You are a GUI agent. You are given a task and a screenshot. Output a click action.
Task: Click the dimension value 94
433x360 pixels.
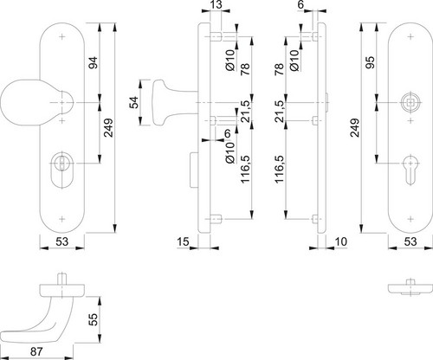[x=93, y=62]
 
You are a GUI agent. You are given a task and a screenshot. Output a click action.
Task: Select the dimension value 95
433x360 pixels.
[x=370, y=62]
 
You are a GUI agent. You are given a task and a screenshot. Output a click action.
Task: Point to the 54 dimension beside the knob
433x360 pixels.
[x=133, y=102]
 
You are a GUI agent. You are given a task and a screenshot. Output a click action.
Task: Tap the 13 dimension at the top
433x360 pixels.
[x=216, y=5]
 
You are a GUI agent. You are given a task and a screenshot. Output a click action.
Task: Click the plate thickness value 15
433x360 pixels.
[x=183, y=241]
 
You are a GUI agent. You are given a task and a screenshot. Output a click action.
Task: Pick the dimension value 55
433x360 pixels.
[x=93, y=319]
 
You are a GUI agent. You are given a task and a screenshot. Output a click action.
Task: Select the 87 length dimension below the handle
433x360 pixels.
[x=36, y=352]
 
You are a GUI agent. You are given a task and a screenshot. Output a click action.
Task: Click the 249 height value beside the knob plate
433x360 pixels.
[x=108, y=127]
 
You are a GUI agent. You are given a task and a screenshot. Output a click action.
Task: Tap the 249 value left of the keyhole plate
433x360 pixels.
[x=354, y=127]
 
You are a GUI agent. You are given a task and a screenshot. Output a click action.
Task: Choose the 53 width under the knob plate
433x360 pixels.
[x=61, y=241]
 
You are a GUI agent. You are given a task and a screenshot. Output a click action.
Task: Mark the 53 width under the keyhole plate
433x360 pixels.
[x=410, y=241]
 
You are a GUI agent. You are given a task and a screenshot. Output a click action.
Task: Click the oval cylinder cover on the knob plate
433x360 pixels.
[x=62, y=170]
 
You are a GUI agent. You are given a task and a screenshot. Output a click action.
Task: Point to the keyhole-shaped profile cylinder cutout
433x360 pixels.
[x=410, y=170]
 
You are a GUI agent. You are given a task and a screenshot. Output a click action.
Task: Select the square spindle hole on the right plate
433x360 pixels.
[x=410, y=102]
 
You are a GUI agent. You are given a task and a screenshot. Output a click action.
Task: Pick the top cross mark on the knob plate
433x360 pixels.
[x=62, y=37]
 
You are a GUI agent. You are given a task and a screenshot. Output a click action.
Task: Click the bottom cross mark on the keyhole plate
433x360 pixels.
[x=410, y=219]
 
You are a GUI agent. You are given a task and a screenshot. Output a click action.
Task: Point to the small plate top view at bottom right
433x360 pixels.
[x=410, y=288]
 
